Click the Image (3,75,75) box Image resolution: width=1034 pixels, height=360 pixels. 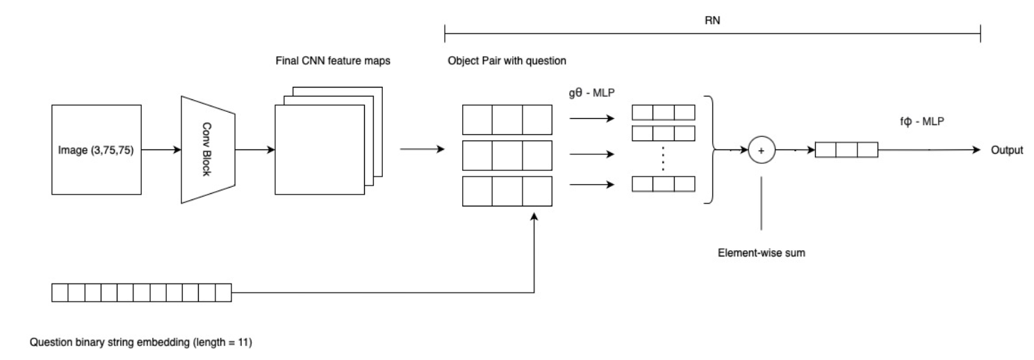97,149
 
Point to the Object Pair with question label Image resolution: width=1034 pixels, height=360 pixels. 507,60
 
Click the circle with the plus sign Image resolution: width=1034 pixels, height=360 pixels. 762,149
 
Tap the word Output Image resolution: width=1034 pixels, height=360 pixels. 1007,150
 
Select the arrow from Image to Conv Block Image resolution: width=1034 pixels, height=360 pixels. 161,149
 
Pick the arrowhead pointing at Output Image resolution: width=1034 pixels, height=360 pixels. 976,150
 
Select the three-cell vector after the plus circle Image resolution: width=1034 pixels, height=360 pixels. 846,150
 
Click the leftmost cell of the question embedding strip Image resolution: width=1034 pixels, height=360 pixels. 60,293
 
